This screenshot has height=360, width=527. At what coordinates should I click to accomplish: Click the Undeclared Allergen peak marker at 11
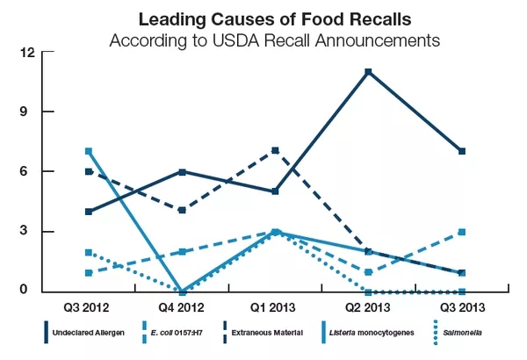pos(368,72)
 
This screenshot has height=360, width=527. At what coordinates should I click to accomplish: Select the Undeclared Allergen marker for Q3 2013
pos(461,151)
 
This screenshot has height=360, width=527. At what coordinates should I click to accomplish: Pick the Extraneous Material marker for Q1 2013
pos(275,151)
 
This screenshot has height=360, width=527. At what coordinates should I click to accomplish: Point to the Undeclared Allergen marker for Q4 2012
pos(182,171)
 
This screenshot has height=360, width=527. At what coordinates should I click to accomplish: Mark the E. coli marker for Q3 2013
pos(461,232)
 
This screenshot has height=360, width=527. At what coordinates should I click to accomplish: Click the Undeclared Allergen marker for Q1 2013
pos(275,191)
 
